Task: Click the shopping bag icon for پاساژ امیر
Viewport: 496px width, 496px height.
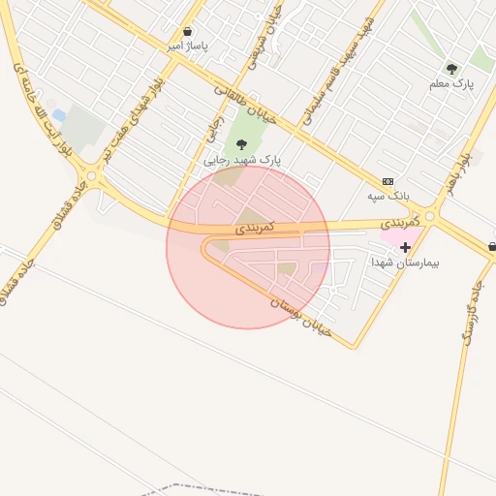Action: [x=187, y=32]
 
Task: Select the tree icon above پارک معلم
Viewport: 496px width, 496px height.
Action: [x=451, y=69]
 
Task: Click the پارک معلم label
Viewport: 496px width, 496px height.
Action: [x=451, y=84]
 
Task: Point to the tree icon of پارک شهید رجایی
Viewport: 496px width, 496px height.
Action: [x=241, y=144]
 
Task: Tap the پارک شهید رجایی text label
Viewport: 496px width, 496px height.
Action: [x=241, y=159]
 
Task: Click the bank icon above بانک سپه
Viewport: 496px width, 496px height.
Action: [x=388, y=181]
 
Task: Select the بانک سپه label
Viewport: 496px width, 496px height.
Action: [x=388, y=196]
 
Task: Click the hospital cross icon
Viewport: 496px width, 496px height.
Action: [x=405, y=248]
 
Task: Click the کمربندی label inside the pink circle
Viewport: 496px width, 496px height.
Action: [x=256, y=227]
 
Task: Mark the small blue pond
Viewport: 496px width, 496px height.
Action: [x=59, y=115]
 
